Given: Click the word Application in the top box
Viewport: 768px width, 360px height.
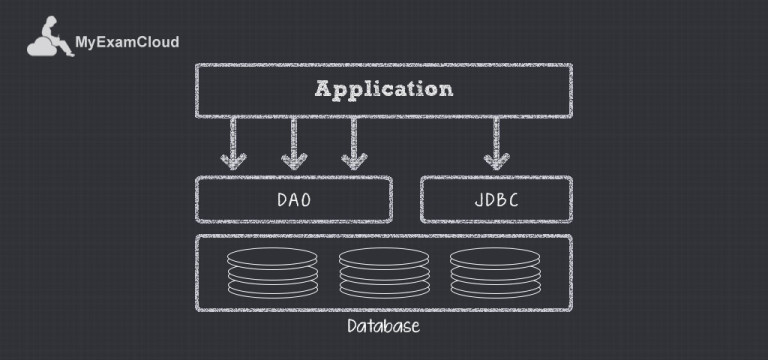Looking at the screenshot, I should point(383,89).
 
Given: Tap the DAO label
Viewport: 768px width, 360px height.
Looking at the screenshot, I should point(294,200).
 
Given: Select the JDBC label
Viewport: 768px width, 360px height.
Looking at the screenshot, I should point(496,200).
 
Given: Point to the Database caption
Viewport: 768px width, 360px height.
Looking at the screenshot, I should point(383,327).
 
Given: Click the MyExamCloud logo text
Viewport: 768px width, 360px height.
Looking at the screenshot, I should point(127,43).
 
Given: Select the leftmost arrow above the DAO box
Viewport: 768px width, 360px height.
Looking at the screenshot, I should point(234,143).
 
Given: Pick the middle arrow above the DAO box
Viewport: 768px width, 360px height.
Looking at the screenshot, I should point(294,143).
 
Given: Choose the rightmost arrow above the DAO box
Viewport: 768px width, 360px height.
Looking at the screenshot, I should point(353,143).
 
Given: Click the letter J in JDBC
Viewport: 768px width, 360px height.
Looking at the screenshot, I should point(476,200).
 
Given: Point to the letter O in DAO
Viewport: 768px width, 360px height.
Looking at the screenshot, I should point(306,200).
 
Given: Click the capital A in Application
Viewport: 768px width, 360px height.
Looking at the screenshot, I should point(323,89).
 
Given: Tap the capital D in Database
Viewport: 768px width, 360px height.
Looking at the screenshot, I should point(352,327).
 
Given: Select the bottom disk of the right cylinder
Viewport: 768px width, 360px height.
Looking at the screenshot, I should point(494,290).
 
